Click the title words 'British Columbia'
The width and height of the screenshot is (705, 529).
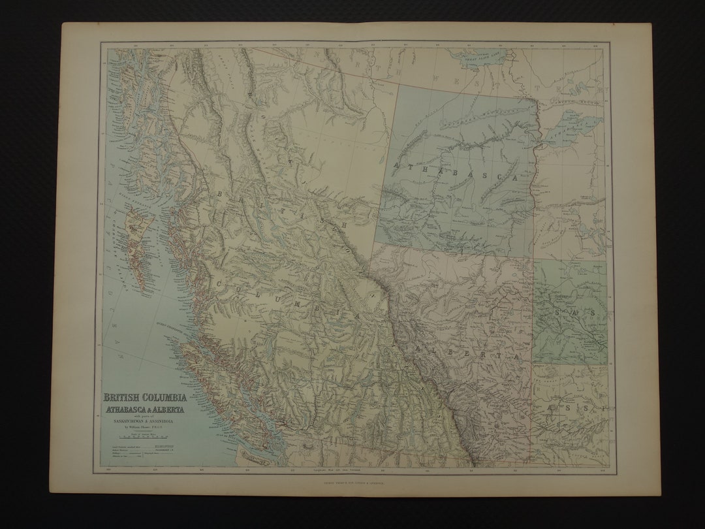point(144,398)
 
